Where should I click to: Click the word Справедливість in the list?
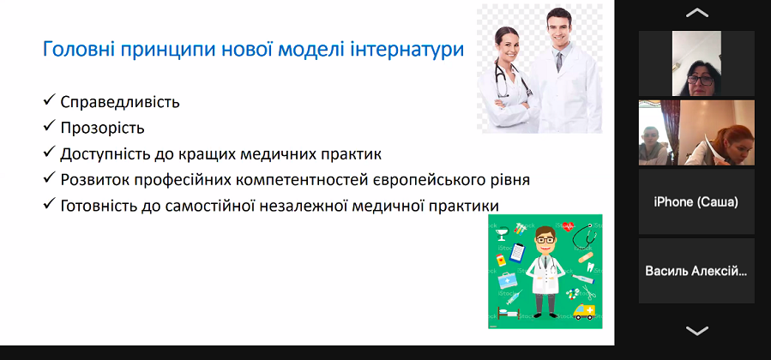[x=120, y=102]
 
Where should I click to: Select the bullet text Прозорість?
[x=102, y=129]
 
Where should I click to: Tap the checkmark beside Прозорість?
[x=48, y=126]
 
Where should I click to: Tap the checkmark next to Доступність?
[x=48, y=152]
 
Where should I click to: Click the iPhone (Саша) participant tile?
[x=696, y=201]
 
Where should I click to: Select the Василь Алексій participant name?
[x=696, y=271]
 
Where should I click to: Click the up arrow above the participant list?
[x=696, y=13]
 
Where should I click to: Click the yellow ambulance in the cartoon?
[x=584, y=311]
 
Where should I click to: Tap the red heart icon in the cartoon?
[x=568, y=226]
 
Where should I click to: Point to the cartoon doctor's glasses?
[x=545, y=240]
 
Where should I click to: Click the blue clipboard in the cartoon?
[x=517, y=253]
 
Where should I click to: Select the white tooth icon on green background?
[x=591, y=267]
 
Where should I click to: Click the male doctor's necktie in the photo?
[x=559, y=62]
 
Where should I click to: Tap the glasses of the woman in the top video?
[x=700, y=80]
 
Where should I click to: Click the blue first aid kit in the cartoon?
[x=507, y=280]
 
